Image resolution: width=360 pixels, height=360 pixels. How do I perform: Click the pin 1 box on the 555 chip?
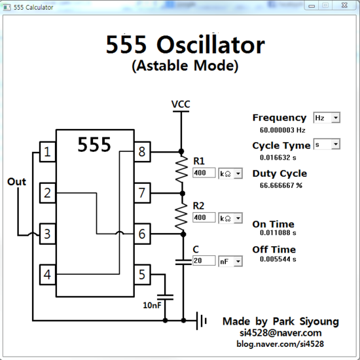(x=46, y=153)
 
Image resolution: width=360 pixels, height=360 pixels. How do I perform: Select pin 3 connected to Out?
(x=46, y=232)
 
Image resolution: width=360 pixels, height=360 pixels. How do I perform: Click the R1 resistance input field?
(x=204, y=173)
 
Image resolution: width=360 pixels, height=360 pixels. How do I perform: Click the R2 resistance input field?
(x=204, y=217)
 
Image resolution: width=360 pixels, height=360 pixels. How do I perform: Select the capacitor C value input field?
(x=204, y=261)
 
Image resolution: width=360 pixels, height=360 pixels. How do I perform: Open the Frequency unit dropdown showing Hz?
(x=327, y=117)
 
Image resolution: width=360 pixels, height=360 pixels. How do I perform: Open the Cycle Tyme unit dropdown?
(x=327, y=144)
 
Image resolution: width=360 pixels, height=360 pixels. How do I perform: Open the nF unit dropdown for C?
(x=230, y=261)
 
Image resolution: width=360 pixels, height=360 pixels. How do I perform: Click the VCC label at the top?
(x=181, y=104)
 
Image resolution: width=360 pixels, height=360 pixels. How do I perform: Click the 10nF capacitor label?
(x=153, y=305)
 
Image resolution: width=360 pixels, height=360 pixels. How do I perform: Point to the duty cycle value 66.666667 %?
(x=281, y=185)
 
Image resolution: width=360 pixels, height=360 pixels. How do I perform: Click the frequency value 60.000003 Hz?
(x=283, y=130)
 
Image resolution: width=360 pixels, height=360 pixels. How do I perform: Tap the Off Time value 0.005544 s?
(x=274, y=259)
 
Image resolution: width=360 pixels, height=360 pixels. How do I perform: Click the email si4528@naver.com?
(x=280, y=333)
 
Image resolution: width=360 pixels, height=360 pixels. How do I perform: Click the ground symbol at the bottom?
(x=202, y=321)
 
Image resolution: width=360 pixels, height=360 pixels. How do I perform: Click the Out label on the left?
(x=16, y=181)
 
